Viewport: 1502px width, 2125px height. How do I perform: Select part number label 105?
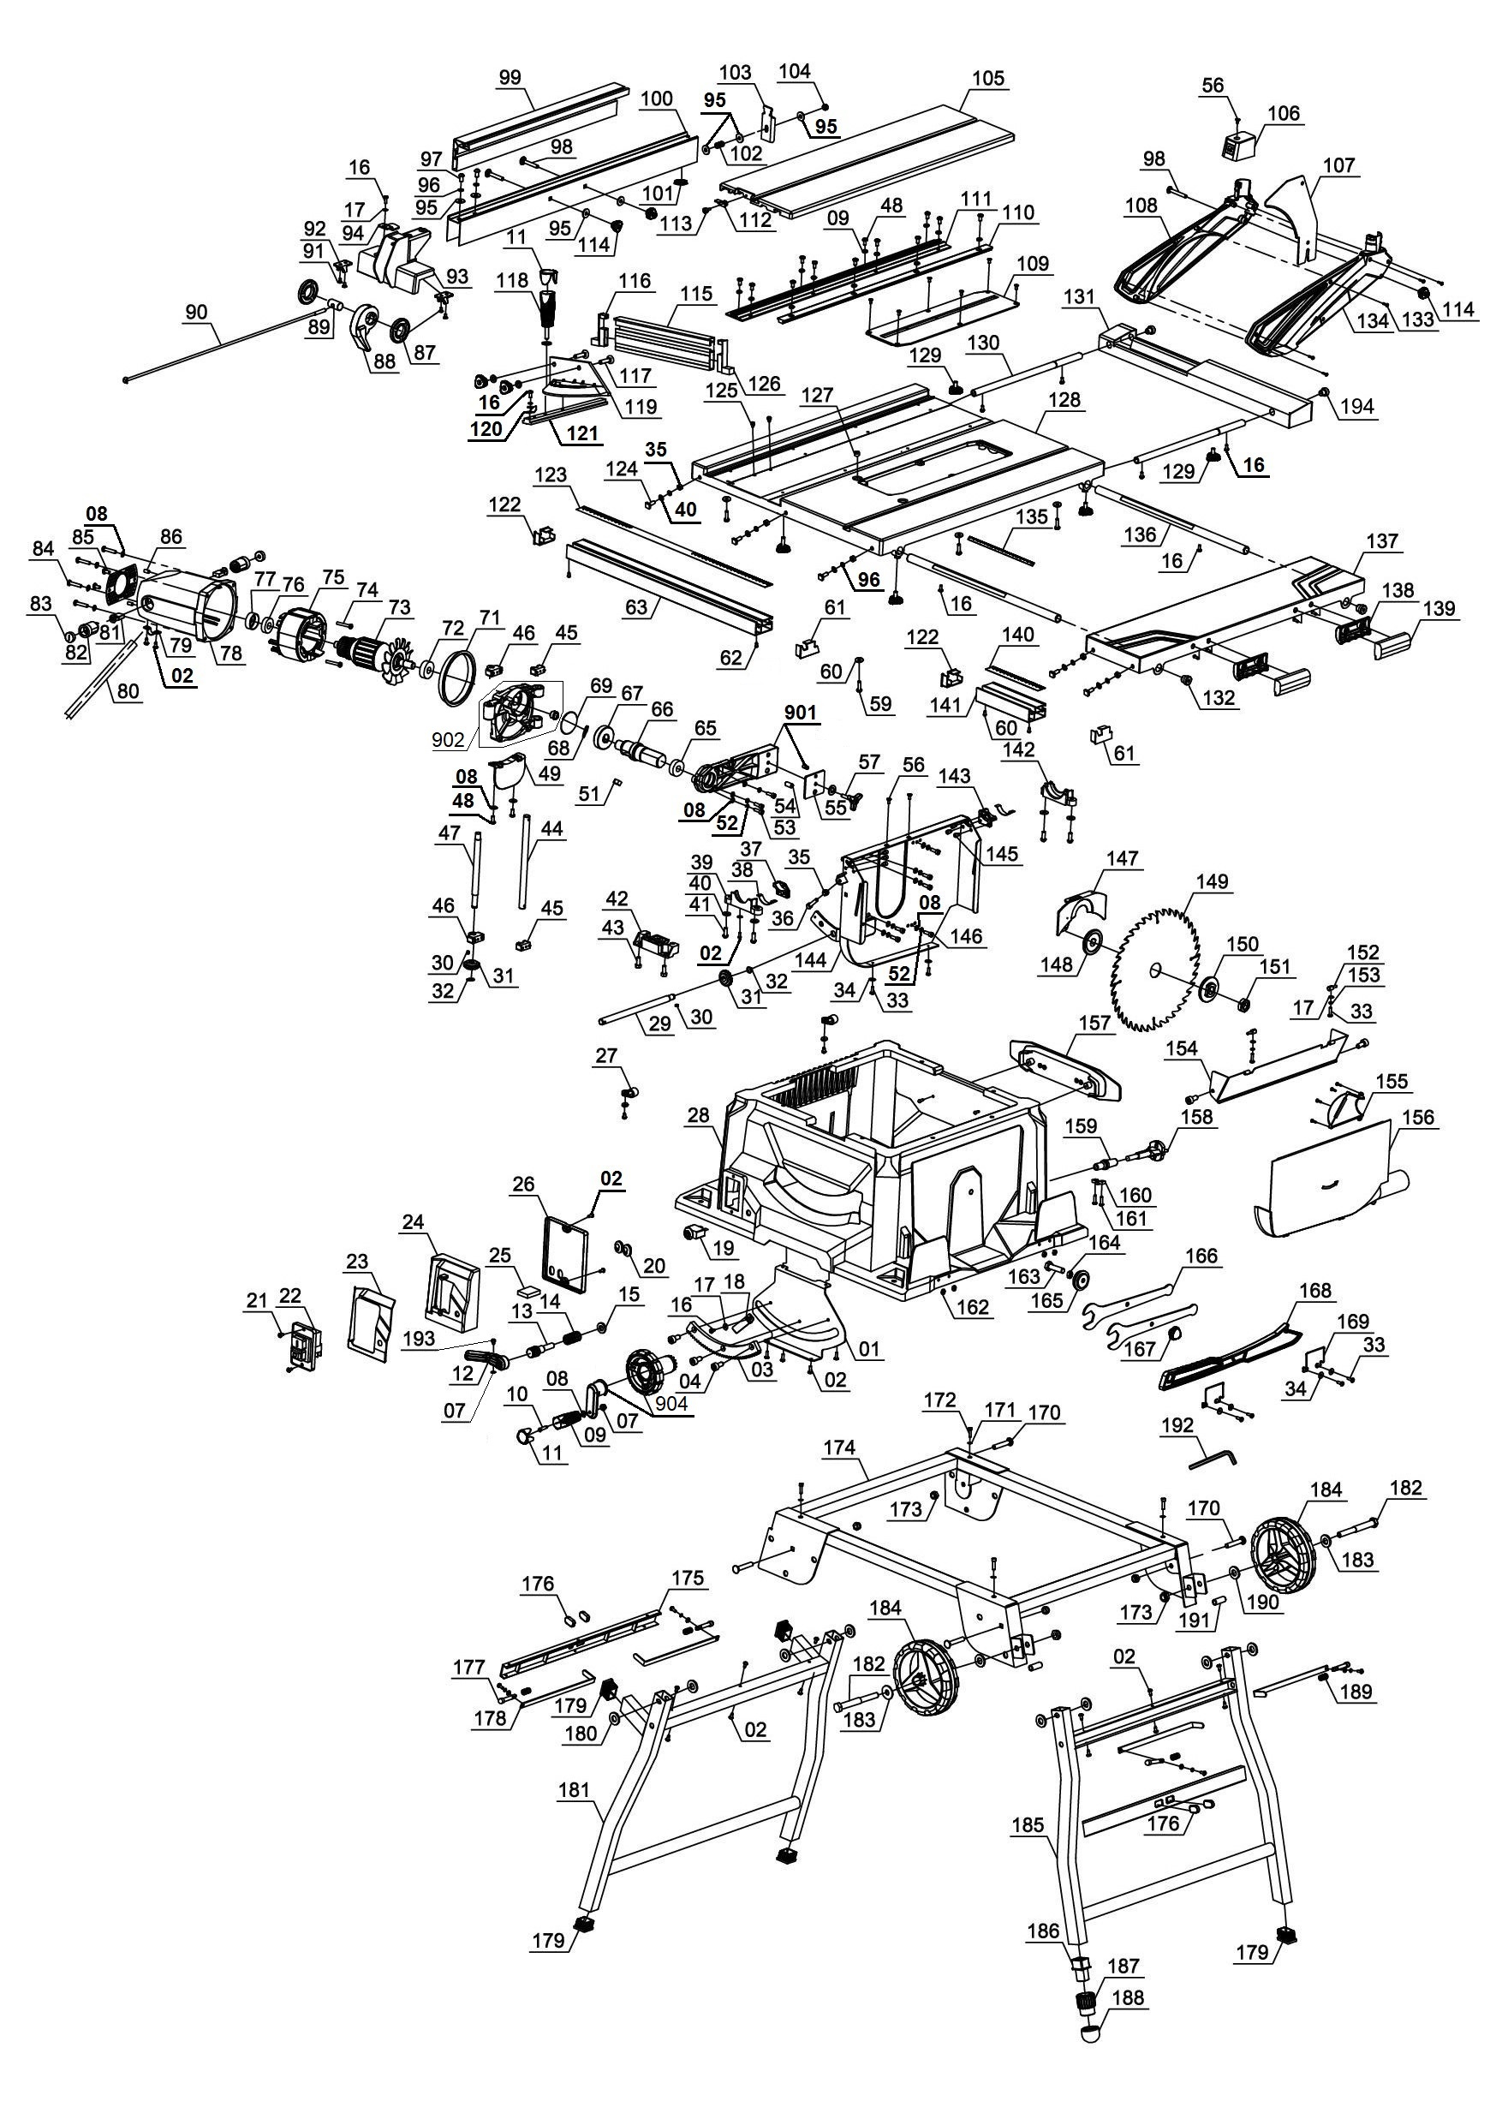pos(988,78)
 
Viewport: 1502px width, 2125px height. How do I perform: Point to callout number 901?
pos(801,713)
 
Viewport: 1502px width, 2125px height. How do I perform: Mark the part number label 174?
pos(839,1448)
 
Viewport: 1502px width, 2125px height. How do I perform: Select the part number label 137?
pos(1382,540)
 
